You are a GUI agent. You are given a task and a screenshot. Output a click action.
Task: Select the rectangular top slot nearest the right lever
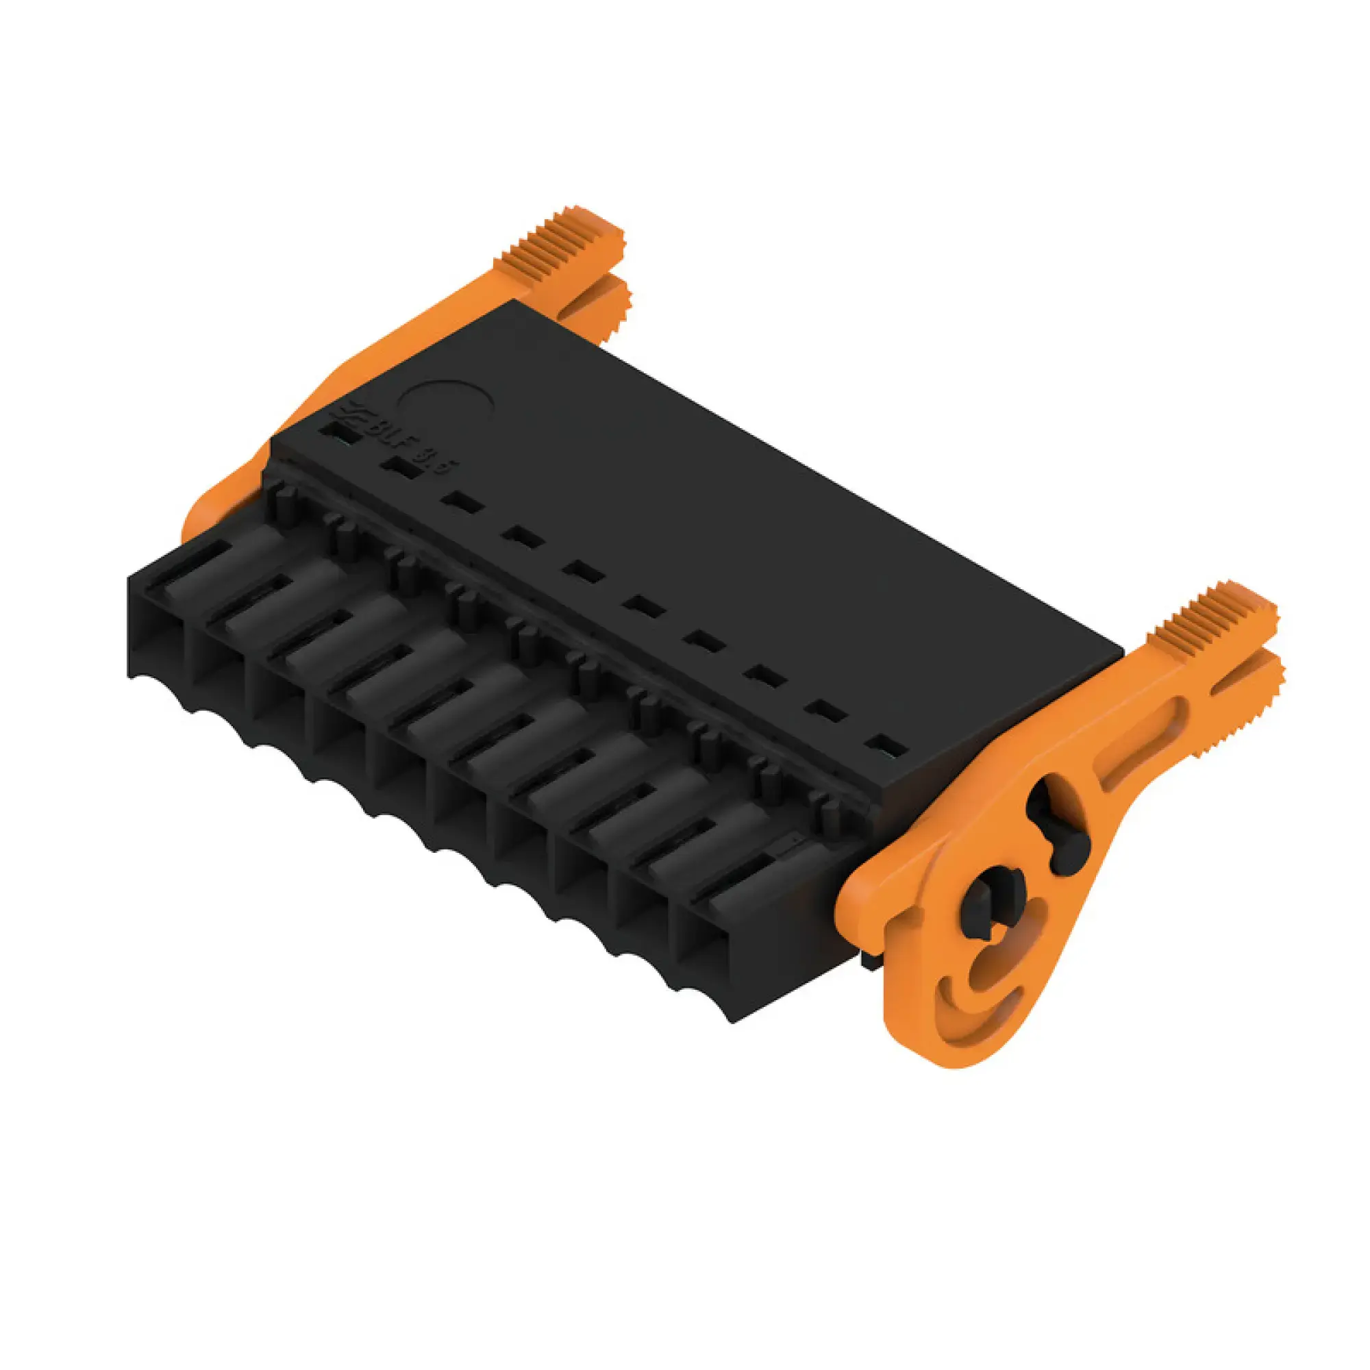tap(887, 746)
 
